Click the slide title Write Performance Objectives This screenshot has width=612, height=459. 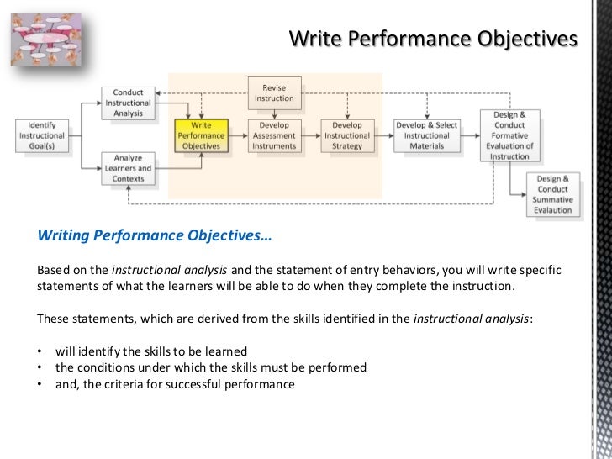(x=433, y=40)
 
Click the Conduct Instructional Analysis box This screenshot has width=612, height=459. (x=127, y=103)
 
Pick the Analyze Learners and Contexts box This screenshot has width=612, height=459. (x=127, y=168)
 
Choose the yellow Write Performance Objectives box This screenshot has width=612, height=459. (x=201, y=135)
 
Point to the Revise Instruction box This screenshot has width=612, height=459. (x=274, y=92)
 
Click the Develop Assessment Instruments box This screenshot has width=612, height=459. (x=274, y=135)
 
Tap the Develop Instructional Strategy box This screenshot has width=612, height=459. (x=346, y=135)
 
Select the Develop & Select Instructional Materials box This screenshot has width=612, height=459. (x=427, y=135)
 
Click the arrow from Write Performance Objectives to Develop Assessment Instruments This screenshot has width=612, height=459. (x=237, y=135)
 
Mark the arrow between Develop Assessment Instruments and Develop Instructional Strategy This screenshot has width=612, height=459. (x=310, y=135)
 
